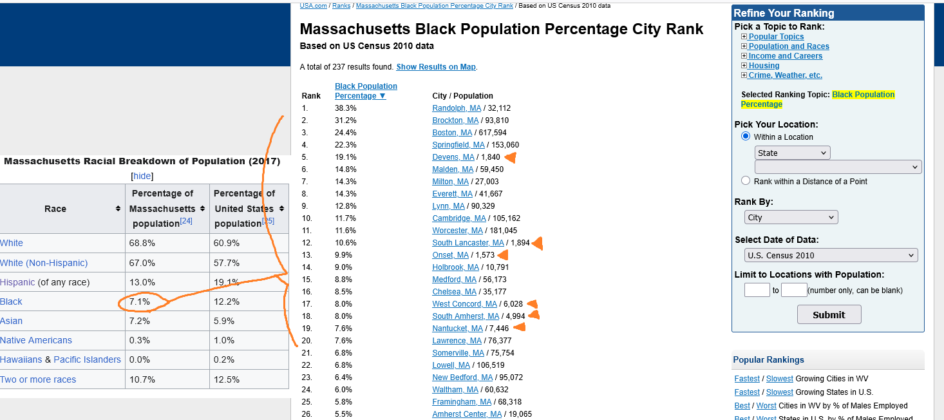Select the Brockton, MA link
pos(455,120)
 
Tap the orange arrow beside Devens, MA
pos(511,157)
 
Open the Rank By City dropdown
pos(791,218)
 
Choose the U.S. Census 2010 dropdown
pos(830,256)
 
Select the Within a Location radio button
pos(746,137)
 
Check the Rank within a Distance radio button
pos(746,181)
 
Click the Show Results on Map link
pos(436,67)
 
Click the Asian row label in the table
pos(12,321)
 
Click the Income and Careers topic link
pos(785,56)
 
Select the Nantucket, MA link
pos(457,329)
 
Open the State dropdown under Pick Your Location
pos(792,153)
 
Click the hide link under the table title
pos(142,176)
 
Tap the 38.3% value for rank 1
pos(345,108)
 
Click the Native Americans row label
pos(36,340)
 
